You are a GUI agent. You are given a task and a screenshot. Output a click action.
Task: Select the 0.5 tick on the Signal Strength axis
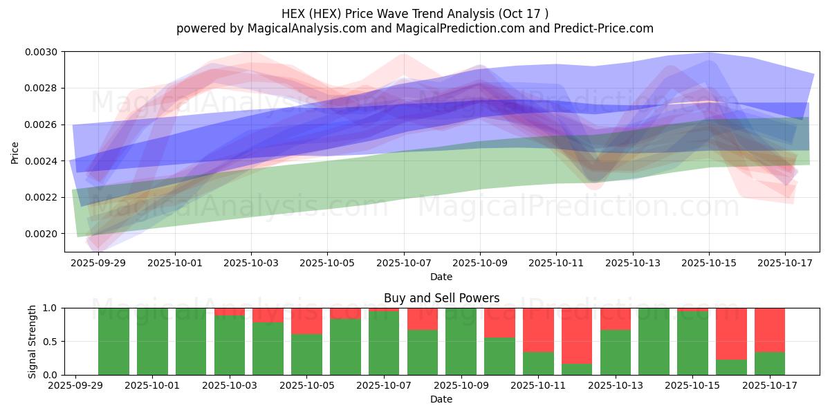click(53, 342)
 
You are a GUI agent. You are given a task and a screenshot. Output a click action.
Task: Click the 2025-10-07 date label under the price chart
click(404, 263)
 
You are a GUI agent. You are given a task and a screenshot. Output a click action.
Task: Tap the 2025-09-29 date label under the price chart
click(99, 263)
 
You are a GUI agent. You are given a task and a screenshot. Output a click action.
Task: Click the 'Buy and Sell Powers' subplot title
click(441, 299)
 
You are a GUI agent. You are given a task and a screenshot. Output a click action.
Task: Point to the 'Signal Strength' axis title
click(33, 341)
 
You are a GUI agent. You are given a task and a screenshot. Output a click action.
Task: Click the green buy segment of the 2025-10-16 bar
click(731, 367)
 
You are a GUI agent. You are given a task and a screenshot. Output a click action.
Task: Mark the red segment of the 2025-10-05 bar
click(306, 321)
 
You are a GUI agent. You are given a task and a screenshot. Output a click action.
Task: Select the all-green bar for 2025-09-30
click(113, 341)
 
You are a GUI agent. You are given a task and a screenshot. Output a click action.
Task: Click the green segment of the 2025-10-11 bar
click(538, 364)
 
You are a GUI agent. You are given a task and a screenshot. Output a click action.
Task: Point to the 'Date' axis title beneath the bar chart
click(441, 399)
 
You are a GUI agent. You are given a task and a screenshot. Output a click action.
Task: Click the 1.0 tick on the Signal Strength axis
click(53, 308)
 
